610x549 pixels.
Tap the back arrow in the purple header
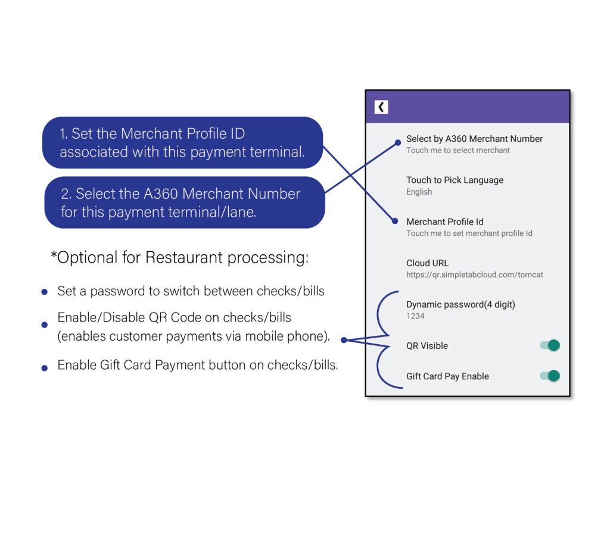pos(381,107)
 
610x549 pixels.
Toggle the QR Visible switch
pos(550,345)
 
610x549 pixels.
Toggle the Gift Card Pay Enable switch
pos(550,376)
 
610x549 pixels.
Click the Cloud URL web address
pos(475,275)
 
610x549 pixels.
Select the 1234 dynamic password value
pos(415,316)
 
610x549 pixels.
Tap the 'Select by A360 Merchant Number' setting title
pos(474,139)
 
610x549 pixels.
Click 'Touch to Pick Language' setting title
pos(455,180)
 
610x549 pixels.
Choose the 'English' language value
pos(419,192)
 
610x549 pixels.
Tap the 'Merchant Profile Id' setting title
pos(444,222)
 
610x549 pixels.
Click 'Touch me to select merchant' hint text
pos(458,151)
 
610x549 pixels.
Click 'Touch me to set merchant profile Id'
pos(469,233)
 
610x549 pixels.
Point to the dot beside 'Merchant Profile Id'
pos(395,222)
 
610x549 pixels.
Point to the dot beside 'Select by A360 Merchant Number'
pos(397,143)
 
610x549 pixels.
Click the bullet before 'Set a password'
pos(44,292)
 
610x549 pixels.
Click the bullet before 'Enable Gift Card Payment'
pos(44,368)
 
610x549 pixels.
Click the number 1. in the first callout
pos(63,134)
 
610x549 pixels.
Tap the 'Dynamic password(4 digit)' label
pos(460,304)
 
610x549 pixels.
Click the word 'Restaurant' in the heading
pos(185,257)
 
